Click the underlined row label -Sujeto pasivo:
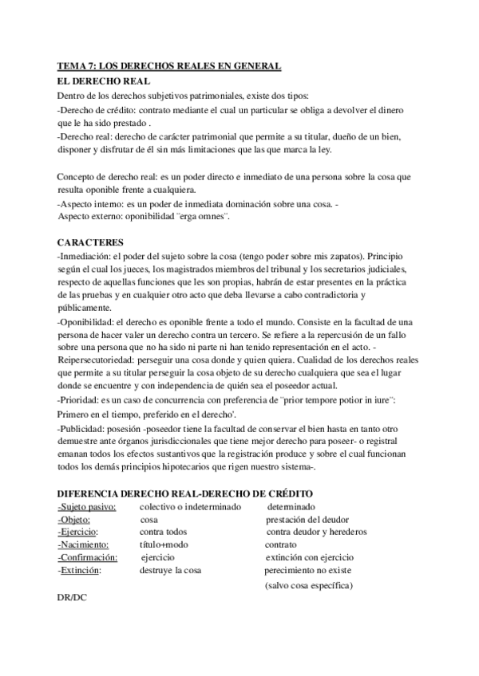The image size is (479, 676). click(x=88, y=507)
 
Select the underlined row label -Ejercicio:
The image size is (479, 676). click(x=78, y=532)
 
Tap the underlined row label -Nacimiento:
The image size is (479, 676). click(x=83, y=544)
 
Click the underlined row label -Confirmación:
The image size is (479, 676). click(x=88, y=557)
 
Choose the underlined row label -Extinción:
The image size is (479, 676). click(x=80, y=570)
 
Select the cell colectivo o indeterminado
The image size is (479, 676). click(x=190, y=507)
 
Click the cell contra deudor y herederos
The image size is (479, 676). click(x=316, y=532)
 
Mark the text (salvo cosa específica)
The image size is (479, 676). click(x=309, y=586)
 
